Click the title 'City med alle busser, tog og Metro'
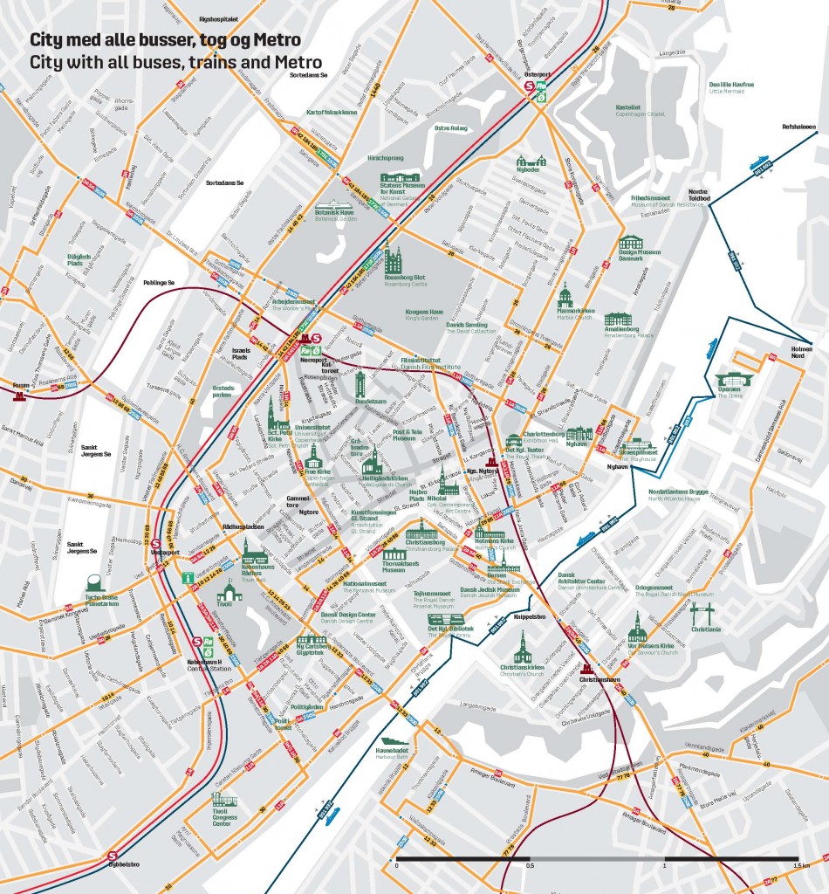tap(166, 40)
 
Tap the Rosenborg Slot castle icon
tap(394, 260)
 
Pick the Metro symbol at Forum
tap(19, 395)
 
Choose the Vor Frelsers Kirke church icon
tap(638, 628)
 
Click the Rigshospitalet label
tap(219, 17)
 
